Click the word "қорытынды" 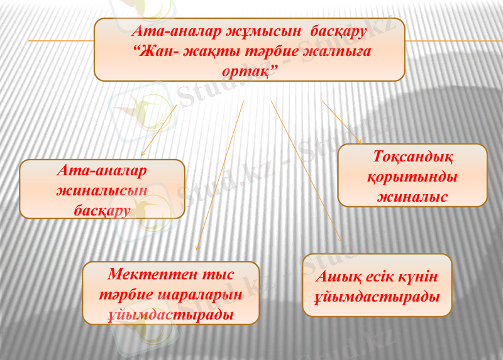[412, 177]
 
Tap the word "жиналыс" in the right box [412, 196]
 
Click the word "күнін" [417, 276]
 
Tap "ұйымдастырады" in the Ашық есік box [377, 296]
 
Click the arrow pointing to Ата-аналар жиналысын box [158, 131]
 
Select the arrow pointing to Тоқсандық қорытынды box [342, 122]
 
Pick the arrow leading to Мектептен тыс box [220, 176]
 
